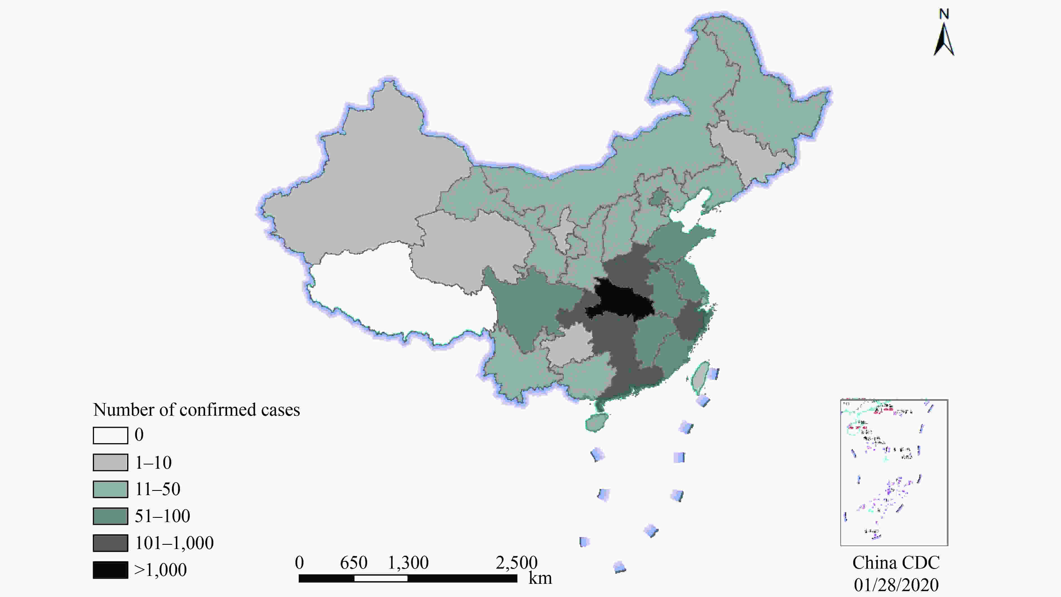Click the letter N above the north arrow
click(944, 14)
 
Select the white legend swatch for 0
click(110, 435)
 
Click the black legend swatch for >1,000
click(110, 570)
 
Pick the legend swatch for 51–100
click(110, 516)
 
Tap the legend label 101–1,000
click(174, 543)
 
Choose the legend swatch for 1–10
click(110, 462)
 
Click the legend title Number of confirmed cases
click(196, 410)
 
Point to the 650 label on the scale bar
click(353, 563)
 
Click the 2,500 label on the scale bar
click(516, 563)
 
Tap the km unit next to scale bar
click(540, 578)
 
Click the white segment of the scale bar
click(381, 578)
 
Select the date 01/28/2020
click(896, 585)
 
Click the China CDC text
click(896, 563)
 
